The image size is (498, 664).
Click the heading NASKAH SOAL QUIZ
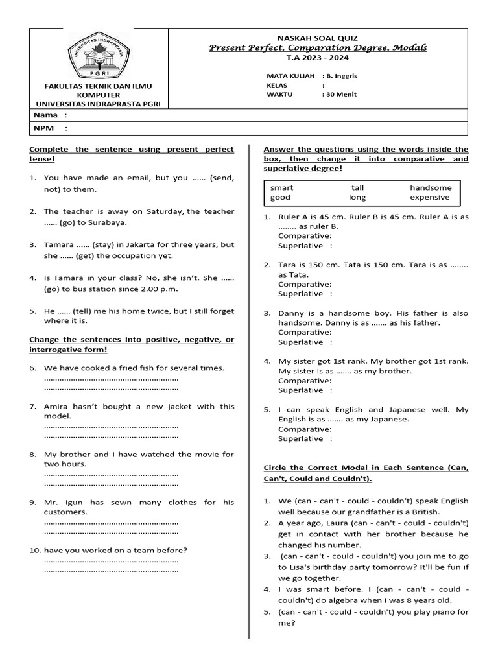317,38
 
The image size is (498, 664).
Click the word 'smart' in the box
282,187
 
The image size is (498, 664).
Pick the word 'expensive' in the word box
429,197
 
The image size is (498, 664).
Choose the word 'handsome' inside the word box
431,187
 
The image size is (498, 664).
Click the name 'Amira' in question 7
56,407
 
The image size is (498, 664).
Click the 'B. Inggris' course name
342,76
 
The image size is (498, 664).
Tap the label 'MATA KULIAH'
290,76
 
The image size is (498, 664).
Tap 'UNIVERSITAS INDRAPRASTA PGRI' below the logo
99,104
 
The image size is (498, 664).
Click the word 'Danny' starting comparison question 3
290,313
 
